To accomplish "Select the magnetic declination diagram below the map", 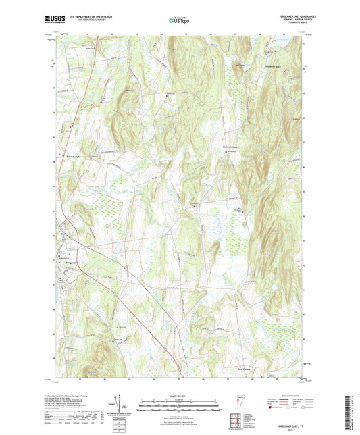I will (119, 404).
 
